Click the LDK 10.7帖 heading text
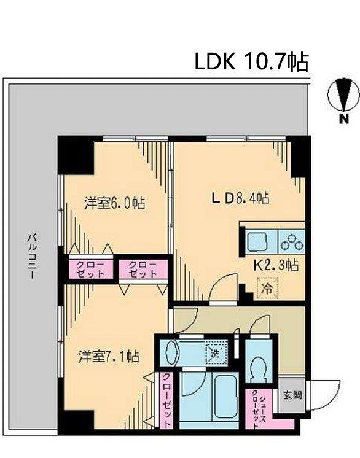point(252,61)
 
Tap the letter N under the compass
point(344,119)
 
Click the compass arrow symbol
point(343,95)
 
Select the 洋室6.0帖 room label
point(114,203)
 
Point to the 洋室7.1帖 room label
point(108,356)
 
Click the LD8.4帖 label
point(240,199)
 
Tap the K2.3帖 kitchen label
point(276,265)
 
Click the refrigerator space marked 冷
point(267,288)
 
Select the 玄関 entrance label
point(292,395)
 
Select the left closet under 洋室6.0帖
point(90,269)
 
